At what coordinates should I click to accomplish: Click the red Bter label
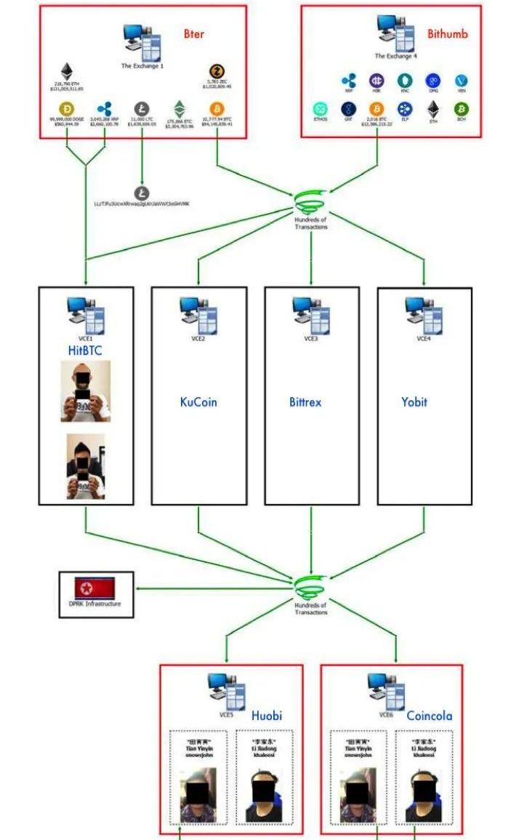[194, 33]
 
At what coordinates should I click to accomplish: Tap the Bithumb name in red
[447, 33]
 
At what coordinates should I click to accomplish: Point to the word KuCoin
[198, 401]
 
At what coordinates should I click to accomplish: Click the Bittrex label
[305, 401]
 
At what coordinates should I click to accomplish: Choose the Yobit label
[414, 401]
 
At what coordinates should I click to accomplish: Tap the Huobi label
[266, 716]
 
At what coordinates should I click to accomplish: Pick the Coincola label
[429, 716]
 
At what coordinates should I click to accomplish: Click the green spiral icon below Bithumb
[310, 203]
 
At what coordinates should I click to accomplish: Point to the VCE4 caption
[424, 338]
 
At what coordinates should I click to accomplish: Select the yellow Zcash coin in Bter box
[217, 71]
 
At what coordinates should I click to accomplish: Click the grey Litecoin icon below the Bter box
[142, 193]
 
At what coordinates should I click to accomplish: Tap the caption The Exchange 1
[142, 65]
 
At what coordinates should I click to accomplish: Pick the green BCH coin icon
[461, 109]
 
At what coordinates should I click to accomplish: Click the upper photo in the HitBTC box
[86, 391]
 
